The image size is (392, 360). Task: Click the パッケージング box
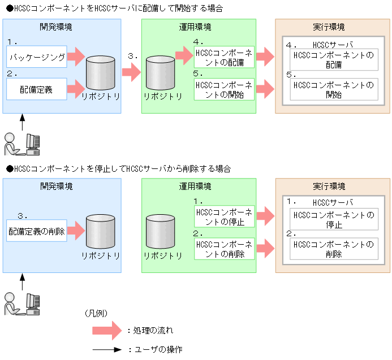pyautogui.click(x=37, y=57)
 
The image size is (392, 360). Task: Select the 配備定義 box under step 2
pyautogui.click(x=37, y=89)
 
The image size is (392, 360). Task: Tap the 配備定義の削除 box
pyautogui.click(x=37, y=231)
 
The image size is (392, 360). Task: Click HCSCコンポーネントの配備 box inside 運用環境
pyautogui.click(x=224, y=57)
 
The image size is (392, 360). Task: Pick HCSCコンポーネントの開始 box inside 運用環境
pyautogui.click(x=224, y=90)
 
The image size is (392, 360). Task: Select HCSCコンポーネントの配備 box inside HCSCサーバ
pyautogui.click(x=334, y=60)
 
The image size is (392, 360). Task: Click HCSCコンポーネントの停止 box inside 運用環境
pyautogui.click(x=224, y=217)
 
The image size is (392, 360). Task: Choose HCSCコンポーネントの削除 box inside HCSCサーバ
pyautogui.click(x=334, y=249)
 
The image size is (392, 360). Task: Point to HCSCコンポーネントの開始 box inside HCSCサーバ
pyautogui.click(x=334, y=90)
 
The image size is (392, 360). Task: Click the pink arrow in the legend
pyautogui.click(x=107, y=330)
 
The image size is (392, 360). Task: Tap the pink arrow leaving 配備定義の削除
pyautogui.click(x=76, y=231)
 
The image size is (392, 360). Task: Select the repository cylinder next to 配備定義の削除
pyautogui.click(x=102, y=233)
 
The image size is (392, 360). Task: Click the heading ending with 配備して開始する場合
pyautogui.click(x=114, y=9)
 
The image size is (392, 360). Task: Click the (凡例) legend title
pyautogui.click(x=96, y=313)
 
